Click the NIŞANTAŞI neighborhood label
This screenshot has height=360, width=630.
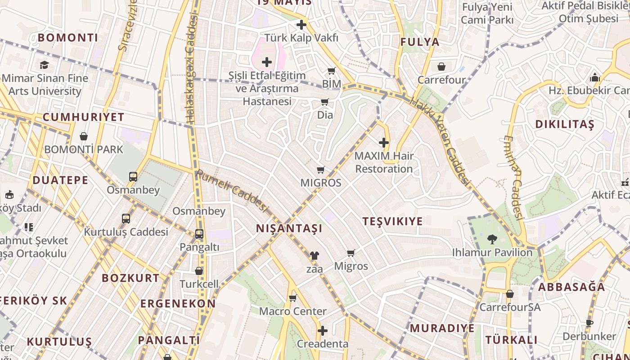289,228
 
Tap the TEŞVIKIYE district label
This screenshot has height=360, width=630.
392,221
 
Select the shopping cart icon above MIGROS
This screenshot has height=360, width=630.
321,170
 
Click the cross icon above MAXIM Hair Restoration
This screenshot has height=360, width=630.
384,143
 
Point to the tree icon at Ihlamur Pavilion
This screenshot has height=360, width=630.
492,239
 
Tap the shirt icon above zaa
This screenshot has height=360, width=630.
314,256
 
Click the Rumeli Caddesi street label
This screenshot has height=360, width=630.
232,190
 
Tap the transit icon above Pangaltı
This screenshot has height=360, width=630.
199,234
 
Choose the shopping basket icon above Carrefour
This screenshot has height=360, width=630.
441,67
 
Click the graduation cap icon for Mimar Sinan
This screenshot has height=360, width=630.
44,65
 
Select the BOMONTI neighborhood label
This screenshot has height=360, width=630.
67,37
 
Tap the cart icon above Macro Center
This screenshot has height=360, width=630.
293,298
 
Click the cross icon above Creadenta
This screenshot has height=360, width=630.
322,331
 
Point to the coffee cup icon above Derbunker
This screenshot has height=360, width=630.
589,323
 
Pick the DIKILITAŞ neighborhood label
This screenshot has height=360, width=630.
564,124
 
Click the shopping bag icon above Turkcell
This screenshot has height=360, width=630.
199,271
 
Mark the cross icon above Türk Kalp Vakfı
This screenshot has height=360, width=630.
301,25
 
